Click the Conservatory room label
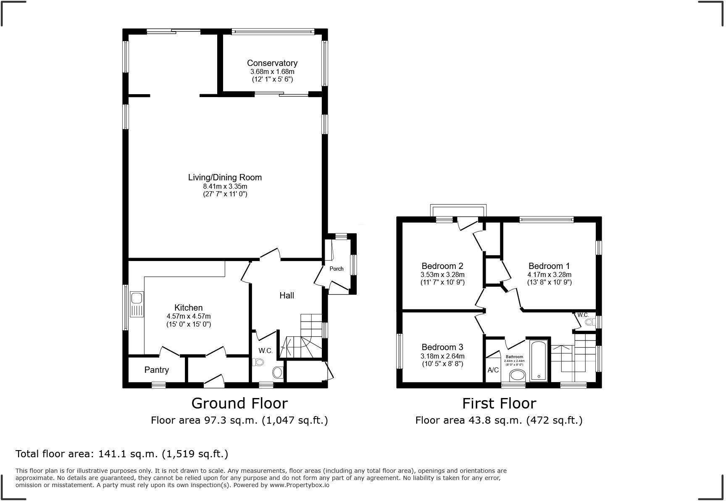pyautogui.click(x=272, y=63)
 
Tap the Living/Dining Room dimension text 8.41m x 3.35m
pyautogui.click(x=225, y=186)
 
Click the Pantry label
pyautogui.click(x=156, y=370)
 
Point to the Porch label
pyautogui.click(x=336, y=269)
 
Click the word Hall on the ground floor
pyautogui.click(x=287, y=295)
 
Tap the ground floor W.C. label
pyautogui.click(x=266, y=351)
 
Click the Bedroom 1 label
pyautogui.click(x=549, y=266)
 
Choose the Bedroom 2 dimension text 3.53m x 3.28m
pyautogui.click(x=442, y=274)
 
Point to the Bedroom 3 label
pyautogui.click(x=442, y=347)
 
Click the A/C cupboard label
pyautogui.click(x=493, y=370)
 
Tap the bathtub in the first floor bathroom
pyautogui.click(x=539, y=361)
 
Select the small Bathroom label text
pyautogui.click(x=514, y=357)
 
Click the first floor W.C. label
pyautogui.click(x=583, y=315)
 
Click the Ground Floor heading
pyautogui.click(x=239, y=403)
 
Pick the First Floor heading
pyautogui.click(x=499, y=403)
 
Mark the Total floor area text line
pyautogui.click(x=122, y=454)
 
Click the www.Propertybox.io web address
pyautogui.click(x=300, y=485)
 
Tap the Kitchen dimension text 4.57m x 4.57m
pyautogui.click(x=189, y=316)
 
